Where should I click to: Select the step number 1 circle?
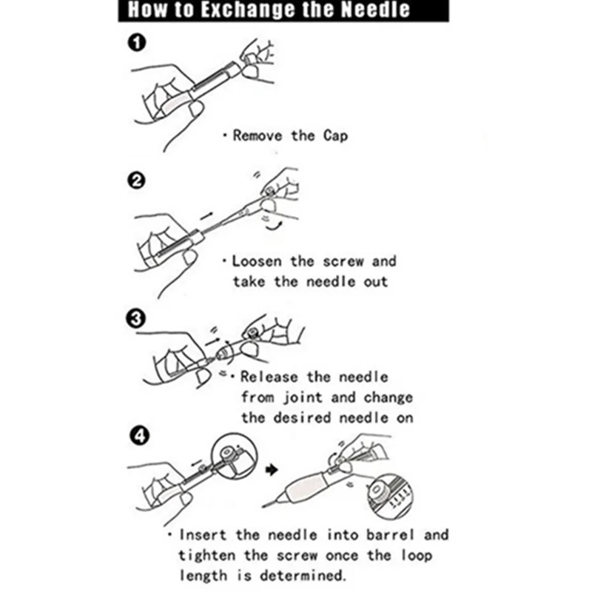pos(137,42)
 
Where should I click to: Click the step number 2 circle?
pos(136,181)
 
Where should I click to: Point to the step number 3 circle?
pos(135,319)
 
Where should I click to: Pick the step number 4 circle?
pos(139,436)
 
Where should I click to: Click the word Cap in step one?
pos(335,136)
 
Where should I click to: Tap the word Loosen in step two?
pos(257,261)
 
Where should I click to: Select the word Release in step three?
pos(269,377)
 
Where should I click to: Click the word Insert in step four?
pos(203,534)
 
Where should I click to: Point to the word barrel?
pos(391,534)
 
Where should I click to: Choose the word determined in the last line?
pos(303,576)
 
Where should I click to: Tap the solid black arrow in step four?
pos(272,470)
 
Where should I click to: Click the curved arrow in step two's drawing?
pos(273,226)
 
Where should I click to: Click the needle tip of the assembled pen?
pos(263,506)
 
